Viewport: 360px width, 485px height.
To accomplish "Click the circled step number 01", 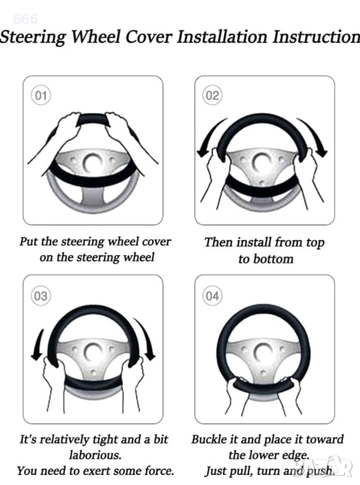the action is click(41, 95).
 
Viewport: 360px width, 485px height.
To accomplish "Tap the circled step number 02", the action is click(212, 95).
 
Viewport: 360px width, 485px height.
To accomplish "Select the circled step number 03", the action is click(41, 296).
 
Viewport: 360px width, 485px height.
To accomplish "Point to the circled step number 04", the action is click(212, 296).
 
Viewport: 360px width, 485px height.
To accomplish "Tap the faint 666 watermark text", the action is click(25, 19).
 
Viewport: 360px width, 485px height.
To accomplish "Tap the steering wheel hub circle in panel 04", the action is click(263, 352).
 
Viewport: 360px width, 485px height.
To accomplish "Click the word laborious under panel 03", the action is click(95, 455).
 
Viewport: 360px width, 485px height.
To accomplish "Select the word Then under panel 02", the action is click(219, 242).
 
